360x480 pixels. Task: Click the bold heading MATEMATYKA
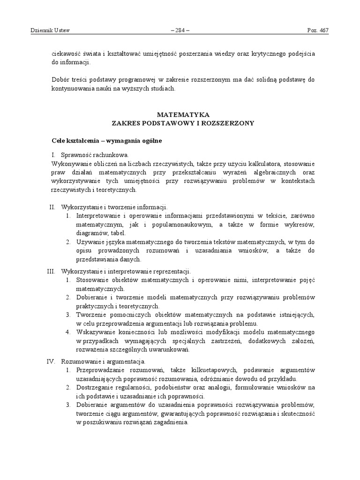point(183,114)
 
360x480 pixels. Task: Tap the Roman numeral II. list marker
point(52,207)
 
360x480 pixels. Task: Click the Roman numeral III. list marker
point(52,271)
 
